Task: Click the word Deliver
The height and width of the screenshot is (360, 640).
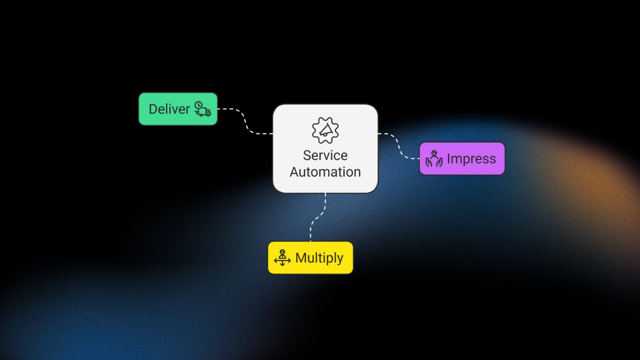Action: (x=169, y=109)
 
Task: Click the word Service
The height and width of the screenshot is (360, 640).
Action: (x=325, y=155)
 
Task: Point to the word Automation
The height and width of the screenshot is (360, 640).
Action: (x=325, y=172)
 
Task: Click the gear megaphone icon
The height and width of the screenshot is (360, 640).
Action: (x=325, y=130)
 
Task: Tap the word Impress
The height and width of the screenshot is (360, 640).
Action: (x=471, y=159)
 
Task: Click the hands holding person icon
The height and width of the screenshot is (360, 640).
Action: (x=434, y=159)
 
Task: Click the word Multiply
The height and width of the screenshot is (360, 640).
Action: (x=319, y=258)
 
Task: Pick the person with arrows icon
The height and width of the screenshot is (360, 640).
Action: (x=282, y=258)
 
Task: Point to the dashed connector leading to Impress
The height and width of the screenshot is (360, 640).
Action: (x=398, y=146)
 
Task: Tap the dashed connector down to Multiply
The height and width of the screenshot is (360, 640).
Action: (x=318, y=218)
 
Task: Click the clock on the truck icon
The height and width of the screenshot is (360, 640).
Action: (x=198, y=105)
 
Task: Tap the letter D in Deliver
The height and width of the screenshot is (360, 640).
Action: (x=153, y=109)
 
